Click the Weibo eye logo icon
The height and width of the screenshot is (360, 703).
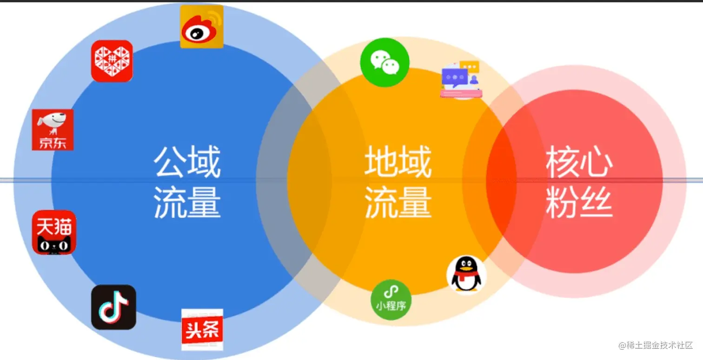coord(201,27)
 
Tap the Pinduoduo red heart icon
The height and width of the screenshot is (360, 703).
coord(112,61)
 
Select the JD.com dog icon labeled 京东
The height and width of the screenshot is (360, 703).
coord(53,130)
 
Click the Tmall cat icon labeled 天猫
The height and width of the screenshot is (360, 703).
coord(54,232)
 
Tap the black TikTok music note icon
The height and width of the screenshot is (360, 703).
coord(113,307)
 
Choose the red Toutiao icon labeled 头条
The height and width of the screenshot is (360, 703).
coord(202,329)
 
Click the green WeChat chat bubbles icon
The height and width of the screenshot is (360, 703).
coord(385,62)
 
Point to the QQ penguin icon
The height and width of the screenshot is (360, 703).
coord(466,274)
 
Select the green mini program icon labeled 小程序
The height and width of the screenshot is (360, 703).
coord(391,300)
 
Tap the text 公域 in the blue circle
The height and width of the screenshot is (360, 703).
coord(187,162)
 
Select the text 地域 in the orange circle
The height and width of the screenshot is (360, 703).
coord(398,162)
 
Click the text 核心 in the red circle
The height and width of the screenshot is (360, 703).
coord(579,162)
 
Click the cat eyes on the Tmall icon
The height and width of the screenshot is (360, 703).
coord(54,244)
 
